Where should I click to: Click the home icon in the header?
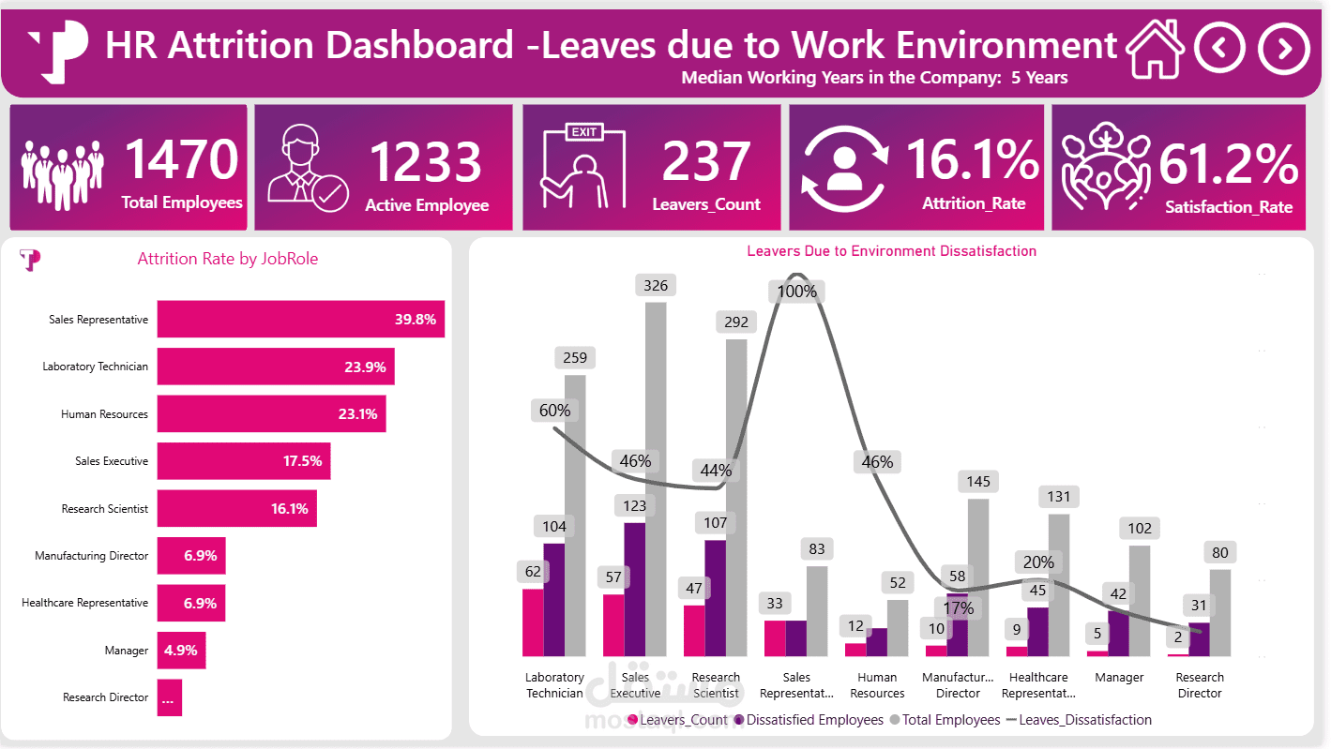(x=1155, y=49)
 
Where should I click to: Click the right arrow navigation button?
(x=1283, y=49)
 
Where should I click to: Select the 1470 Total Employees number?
(x=182, y=158)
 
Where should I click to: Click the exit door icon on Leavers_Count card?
(x=582, y=166)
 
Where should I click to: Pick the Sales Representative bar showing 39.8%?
(x=300, y=319)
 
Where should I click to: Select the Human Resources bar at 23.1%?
(x=271, y=413)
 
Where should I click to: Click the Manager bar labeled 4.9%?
(x=181, y=650)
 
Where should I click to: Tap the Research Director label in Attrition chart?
(x=105, y=697)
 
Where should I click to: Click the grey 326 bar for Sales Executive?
(x=656, y=478)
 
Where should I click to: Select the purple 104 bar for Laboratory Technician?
(x=554, y=599)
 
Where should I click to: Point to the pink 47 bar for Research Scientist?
(x=694, y=630)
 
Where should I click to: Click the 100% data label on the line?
(x=797, y=292)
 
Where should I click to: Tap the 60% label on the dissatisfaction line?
(x=554, y=411)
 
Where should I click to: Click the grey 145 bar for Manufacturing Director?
(x=978, y=577)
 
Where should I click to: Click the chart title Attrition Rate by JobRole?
(x=227, y=260)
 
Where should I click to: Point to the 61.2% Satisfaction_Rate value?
(x=1228, y=165)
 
